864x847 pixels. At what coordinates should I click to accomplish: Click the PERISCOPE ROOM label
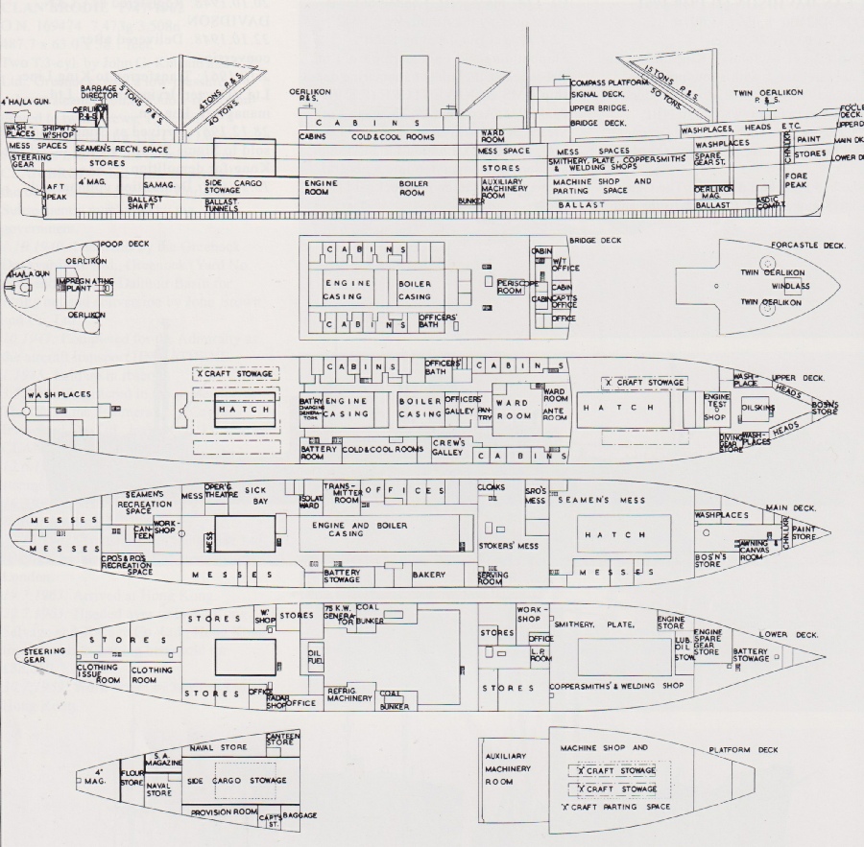tap(510, 285)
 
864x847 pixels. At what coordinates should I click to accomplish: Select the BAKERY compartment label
tap(429, 575)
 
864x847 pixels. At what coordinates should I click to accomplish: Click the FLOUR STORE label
tap(132, 777)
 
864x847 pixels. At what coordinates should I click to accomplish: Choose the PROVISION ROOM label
tap(223, 812)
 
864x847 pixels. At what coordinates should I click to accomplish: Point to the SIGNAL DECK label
tap(597, 95)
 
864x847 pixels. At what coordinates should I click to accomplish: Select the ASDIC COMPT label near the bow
tap(768, 202)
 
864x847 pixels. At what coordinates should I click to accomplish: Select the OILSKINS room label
tap(757, 407)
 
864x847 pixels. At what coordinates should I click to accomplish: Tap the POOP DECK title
tap(129, 244)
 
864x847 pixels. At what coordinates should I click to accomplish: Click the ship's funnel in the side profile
tap(414, 87)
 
